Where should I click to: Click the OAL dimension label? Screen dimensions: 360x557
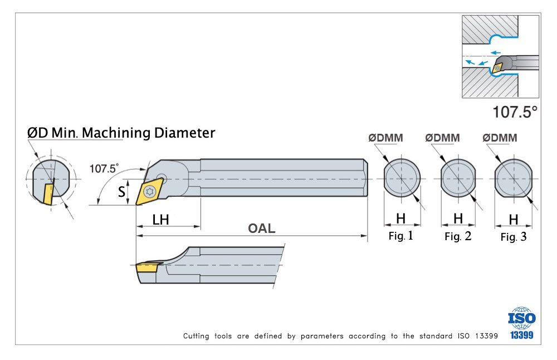coord(261,228)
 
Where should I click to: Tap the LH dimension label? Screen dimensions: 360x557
coord(161,220)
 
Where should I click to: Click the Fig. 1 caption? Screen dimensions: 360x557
coord(400,236)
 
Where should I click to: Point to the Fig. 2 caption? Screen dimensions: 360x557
coord(458,236)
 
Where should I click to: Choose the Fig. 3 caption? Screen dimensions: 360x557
coord(513,237)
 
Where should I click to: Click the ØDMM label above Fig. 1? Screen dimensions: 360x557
coord(385,138)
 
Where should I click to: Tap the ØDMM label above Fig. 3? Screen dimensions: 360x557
coord(500,138)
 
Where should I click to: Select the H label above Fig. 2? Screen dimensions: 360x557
coord(458,218)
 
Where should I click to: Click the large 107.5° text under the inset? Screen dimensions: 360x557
coord(515,111)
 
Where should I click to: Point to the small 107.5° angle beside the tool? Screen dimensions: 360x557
coord(104,168)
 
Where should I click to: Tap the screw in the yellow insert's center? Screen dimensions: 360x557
coord(149,192)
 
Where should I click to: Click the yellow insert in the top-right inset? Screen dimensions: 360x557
coord(495,67)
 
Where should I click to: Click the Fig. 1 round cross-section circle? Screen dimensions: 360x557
coord(402,178)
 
